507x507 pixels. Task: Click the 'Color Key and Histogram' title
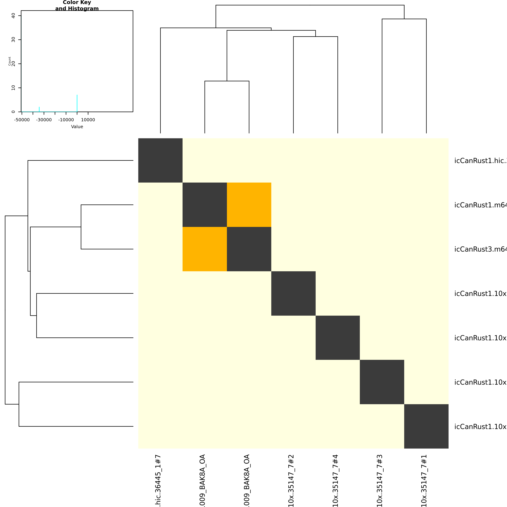pyautogui.click(x=77, y=5)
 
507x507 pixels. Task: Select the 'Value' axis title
pyautogui.click(x=77, y=127)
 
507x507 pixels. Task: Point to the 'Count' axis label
pyautogui.click(x=10, y=61)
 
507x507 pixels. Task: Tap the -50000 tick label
pyautogui.click(x=22, y=120)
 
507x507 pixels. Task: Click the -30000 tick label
pyautogui.click(x=44, y=120)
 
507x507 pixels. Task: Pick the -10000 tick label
pyautogui.click(x=66, y=120)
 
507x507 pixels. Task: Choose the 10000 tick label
pyautogui.click(x=88, y=120)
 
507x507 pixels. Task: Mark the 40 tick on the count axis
pyautogui.click(x=13, y=16)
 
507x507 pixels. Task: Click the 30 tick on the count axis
pyautogui.click(x=13, y=40)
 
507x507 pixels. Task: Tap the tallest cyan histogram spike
pyautogui.click(x=77, y=103)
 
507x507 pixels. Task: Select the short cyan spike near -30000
pyautogui.click(x=39, y=109)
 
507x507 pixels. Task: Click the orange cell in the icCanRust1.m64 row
pyautogui.click(x=249, y=205)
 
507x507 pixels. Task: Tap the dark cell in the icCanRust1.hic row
pyautogui.click(x=160, y=160)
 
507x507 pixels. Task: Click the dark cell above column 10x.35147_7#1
pyautogui.click(x=426, y=426)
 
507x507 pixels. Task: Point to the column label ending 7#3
pyautogui.click(x=380, y=480)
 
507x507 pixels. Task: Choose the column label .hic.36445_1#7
pyautogui.click(x=158, y=480)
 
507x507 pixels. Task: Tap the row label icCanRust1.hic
pyautogui.click(x=480, y=161)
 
